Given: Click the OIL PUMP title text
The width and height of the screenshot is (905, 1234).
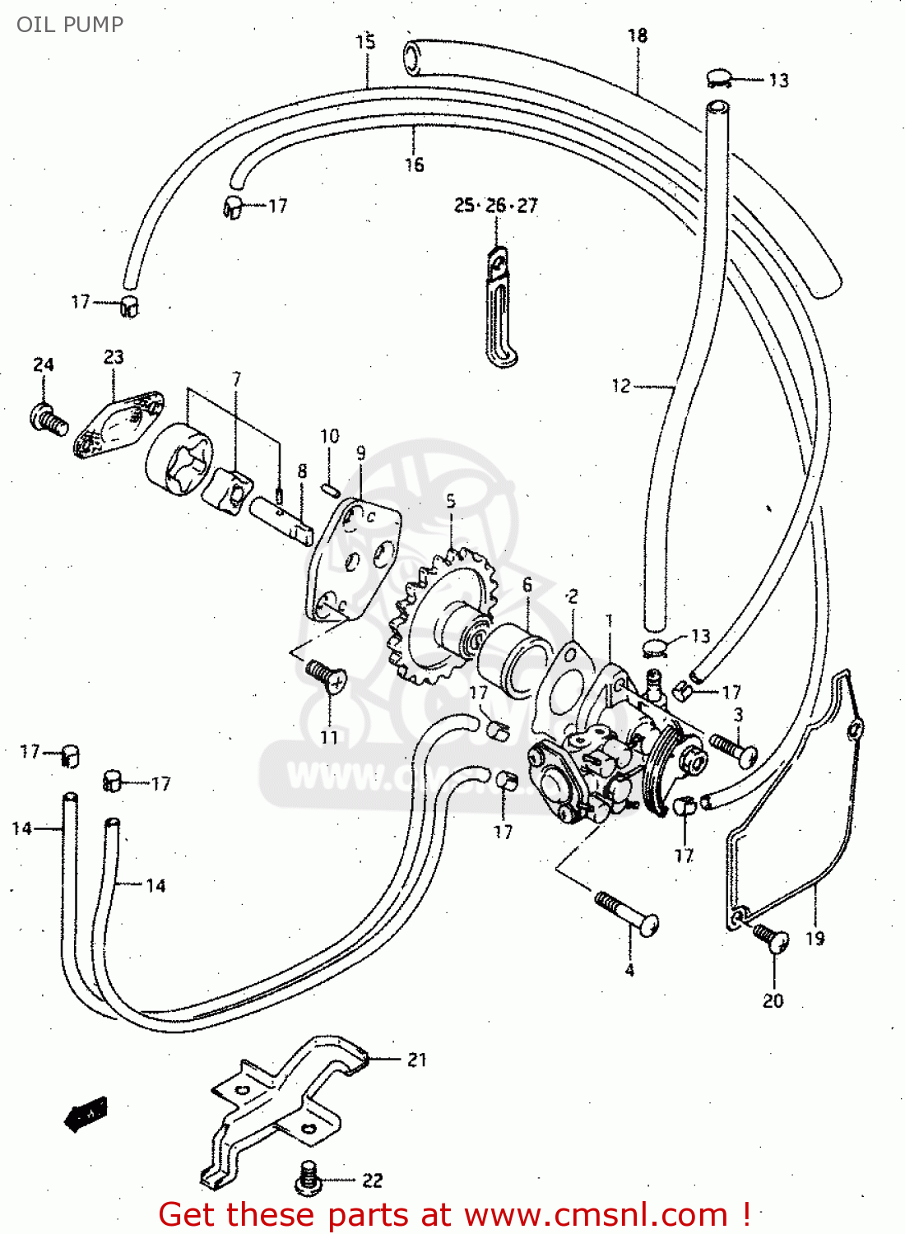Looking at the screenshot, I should (70, 24).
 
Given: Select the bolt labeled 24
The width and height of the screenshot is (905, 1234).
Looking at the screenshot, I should (49, 420).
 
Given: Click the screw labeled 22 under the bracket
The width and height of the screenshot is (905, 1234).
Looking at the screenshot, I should (309, 1178).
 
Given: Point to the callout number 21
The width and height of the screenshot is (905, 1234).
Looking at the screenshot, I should (417, 1060).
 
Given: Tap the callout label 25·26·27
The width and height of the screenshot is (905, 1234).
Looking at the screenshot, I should (495, 206).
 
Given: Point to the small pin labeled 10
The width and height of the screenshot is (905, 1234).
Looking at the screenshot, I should (330, 489).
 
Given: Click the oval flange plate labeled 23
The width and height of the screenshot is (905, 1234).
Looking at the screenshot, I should (118, 424).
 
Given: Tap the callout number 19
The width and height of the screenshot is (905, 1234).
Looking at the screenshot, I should (814, 938).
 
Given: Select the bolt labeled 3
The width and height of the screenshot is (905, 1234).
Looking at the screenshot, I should (733, 748).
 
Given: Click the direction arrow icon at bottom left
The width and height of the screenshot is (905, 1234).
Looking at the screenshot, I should (86, 1114).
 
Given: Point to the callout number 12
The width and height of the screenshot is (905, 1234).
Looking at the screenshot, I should (621, 385).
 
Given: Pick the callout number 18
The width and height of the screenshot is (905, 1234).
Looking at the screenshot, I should (638, 35).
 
